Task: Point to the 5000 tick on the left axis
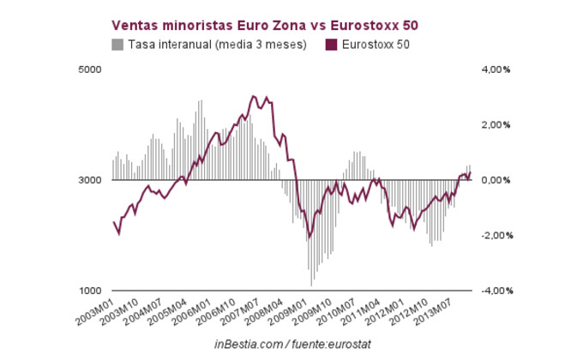(x=90, y=69)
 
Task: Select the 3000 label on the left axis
(x=90, y=180)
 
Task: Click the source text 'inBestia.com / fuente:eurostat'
(x=291, y=344)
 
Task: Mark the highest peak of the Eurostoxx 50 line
(x=253, y=96)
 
